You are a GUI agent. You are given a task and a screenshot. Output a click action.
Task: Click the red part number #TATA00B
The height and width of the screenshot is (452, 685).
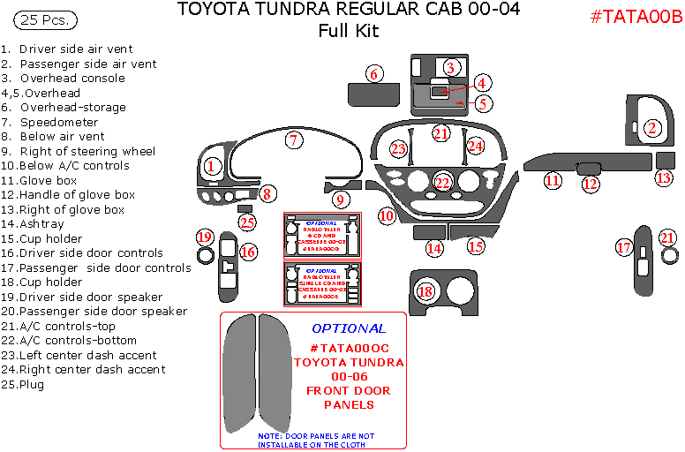coord(635,19)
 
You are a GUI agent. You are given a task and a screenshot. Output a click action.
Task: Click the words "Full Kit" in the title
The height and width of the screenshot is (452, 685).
coord(348,31)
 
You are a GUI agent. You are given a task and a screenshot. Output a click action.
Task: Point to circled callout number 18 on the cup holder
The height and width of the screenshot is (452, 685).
coord(426,290)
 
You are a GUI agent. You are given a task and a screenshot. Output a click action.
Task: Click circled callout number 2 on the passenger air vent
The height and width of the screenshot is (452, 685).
coord(652,128)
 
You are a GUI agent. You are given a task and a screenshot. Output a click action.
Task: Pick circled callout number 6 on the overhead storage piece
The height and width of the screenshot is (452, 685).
coord(374,74)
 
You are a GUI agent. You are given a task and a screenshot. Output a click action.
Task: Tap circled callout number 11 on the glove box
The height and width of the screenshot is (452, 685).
coord(553,181)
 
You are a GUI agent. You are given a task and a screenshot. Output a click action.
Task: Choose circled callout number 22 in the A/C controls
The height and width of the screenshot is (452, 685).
coord(442,183)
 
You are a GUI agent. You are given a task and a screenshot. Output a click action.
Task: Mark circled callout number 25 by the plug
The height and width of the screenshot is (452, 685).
coord(248,222)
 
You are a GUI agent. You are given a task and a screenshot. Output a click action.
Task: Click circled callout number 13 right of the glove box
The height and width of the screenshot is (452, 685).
coord(664,177)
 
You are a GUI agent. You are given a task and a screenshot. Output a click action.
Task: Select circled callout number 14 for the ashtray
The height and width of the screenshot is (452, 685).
coord(434,248)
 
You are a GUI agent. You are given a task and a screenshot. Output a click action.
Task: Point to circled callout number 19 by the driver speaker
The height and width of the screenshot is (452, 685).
coord(205,237)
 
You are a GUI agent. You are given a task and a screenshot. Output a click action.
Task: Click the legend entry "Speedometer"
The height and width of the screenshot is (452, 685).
coord(59,122)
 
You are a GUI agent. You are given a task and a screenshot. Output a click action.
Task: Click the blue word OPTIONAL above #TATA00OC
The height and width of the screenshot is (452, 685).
coord(349,328)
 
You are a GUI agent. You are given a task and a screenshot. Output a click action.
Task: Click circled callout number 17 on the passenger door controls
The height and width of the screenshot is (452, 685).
coord(624,248)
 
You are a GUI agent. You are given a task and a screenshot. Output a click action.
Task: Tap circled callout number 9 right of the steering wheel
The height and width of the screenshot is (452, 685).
coord(340,200)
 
